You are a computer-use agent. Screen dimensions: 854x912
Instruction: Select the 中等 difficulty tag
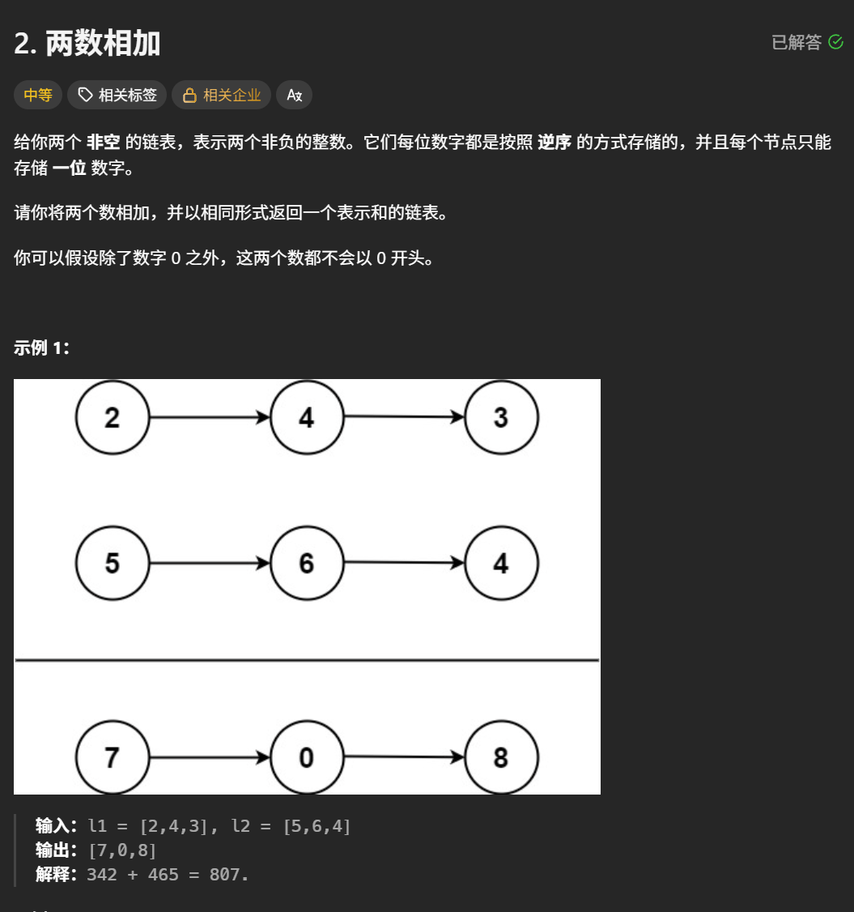click(x=38, y=96)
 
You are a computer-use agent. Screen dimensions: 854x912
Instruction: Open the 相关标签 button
click(x=117, y=96)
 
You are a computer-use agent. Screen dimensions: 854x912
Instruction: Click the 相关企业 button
click(x=221, y=96)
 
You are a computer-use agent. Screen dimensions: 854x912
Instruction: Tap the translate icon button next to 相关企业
click(x=294, y=96)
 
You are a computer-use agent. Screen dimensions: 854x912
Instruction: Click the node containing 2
click(x=113, y=418)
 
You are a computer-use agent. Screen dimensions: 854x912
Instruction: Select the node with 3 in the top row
click(x=500, y=418)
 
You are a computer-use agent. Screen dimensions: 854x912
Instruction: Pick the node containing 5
click(x=113, y=563)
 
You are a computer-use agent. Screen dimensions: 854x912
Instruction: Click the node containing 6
click(x=306, y=563)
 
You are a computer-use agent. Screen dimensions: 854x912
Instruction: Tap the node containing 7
click(x=113, y=757)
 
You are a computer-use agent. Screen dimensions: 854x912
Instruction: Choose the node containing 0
click(x=306, y=757)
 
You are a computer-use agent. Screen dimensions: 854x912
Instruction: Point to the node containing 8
click(x=500, y=757)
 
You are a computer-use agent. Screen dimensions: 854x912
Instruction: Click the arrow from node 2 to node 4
click(x=209, y=418)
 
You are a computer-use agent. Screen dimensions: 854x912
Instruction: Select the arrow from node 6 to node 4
click(x=403, y=563)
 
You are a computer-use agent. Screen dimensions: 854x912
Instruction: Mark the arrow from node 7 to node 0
click(x=209, y=758)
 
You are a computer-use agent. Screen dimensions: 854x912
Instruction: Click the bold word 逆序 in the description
click(x=554, y=143)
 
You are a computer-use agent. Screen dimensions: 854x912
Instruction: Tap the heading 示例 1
click(x=42, y=348)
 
